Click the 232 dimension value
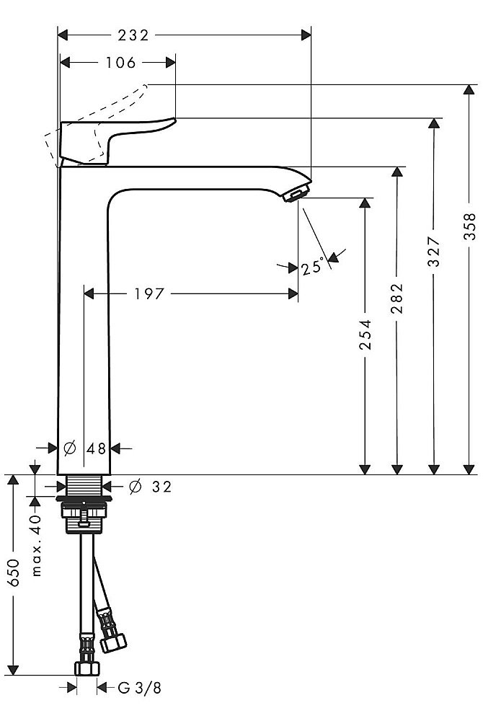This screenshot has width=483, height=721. coord(134,35)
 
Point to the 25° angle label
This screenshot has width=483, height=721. coord(312,268)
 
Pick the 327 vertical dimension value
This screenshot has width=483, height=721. coord(434,252)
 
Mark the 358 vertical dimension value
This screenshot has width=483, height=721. coord(470,229)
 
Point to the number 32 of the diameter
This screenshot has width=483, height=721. coord(161,487)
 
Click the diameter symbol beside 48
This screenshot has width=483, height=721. coord(70,448)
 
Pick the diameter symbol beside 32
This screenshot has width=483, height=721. coord(135,487)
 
